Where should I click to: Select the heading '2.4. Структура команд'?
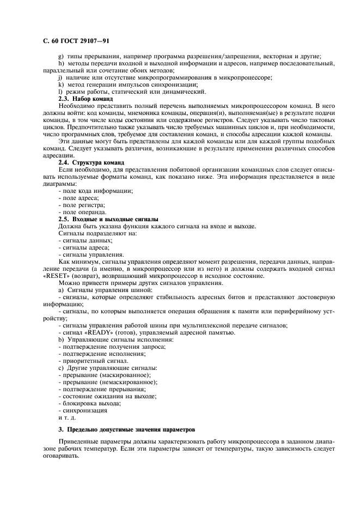point(91,162)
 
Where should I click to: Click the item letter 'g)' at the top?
point(61,56)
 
